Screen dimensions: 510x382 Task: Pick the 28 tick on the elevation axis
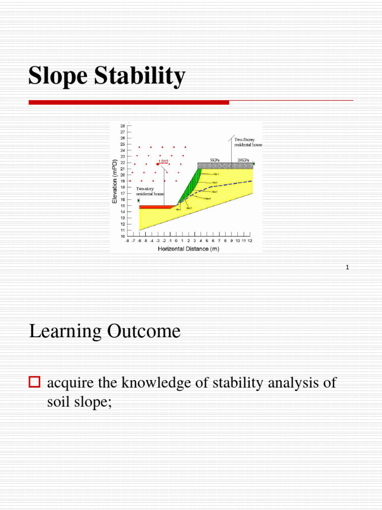[x=122, y=126]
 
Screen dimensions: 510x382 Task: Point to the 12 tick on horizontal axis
[x=250, y=241]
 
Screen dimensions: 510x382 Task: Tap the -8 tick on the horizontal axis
[x=127, y=241]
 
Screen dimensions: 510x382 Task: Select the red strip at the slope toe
[x=155, y=207]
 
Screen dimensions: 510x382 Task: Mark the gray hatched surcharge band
[x=225, y=165]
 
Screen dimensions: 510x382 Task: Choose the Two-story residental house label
[x=150, y=191]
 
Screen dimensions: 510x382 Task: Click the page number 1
[x=347, y=268]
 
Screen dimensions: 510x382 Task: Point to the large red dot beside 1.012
[x=158, y=163]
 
